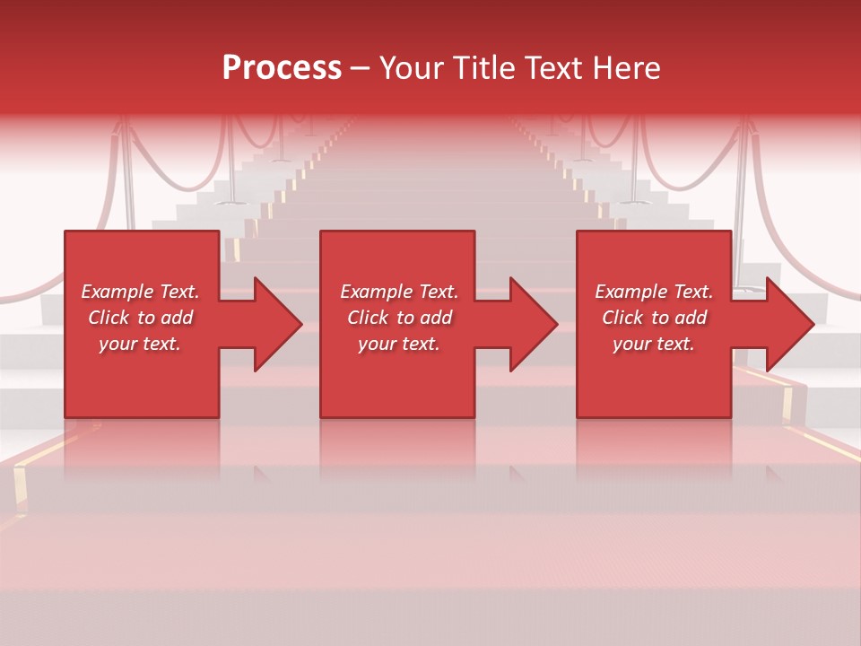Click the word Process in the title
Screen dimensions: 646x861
(x=282, y=68)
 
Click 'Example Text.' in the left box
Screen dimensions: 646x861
(x=140, y=292)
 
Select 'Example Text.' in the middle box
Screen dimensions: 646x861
(x=399, y=292)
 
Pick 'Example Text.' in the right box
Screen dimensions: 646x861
(x=654, y=292)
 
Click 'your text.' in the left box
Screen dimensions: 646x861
(x=140, y=344)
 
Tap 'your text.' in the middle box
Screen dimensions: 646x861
(x=399, y=344)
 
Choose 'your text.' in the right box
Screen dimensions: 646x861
(x=654, y=344)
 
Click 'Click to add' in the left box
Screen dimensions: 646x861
(x=140, y=318)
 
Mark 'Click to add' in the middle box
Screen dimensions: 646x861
(x=399, y=318)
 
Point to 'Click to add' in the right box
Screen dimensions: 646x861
(x=654, y=318)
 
